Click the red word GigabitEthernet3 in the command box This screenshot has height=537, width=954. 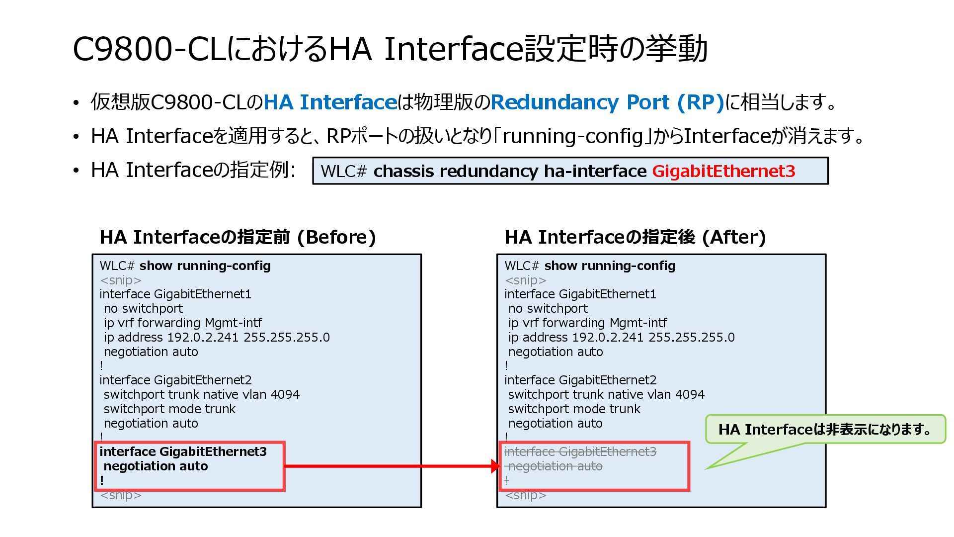pos(723,171)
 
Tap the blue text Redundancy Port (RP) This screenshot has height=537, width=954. pos(607,102)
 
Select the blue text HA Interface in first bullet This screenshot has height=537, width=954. pos(329,102)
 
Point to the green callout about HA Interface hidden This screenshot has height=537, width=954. pos(825,429)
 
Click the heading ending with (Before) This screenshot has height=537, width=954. pos(238,237)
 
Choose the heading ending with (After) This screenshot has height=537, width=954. pos(635,237)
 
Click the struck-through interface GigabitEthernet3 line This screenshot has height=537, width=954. pos(580,451)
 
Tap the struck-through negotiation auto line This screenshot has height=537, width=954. pos(556,466)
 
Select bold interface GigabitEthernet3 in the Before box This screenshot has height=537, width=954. pos(183,451)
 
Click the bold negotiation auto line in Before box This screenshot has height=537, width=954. pos(156,466)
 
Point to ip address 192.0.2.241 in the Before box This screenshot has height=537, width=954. pos(217,338)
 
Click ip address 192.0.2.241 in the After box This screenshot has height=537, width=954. pos(621,338)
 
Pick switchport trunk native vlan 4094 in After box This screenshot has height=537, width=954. pos(606,395)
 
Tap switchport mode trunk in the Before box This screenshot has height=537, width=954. pos(169,409)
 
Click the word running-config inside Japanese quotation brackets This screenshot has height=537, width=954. pos(572,136)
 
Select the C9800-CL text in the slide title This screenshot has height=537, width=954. pos(149,49)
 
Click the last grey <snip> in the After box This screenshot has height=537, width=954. pos(526,495)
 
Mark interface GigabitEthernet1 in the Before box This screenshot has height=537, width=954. pos(175,294)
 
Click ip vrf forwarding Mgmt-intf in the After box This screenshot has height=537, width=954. pos(587,323)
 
